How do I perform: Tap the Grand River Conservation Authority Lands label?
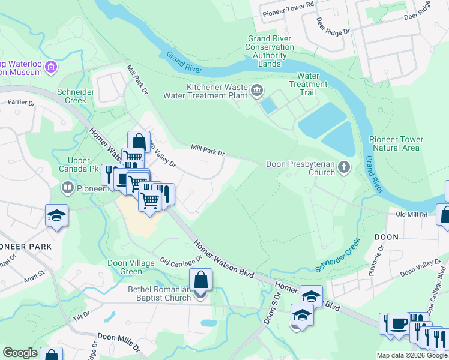pos(270,51)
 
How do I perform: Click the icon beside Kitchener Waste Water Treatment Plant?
pos(257,91)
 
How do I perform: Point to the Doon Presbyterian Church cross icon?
pos(344,168)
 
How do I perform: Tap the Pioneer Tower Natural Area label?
pos(396,143)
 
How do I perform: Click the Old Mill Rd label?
pos(411,214)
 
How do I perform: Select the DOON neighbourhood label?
pos(387,237)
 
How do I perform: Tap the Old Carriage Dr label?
pos(181,262)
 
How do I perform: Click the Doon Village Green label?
pos(133,266)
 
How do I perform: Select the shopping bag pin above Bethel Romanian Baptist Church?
pos(200,280)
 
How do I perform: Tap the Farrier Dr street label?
pos(22,103)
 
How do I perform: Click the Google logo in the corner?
pos(20,352)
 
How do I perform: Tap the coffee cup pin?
pos(398,324)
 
